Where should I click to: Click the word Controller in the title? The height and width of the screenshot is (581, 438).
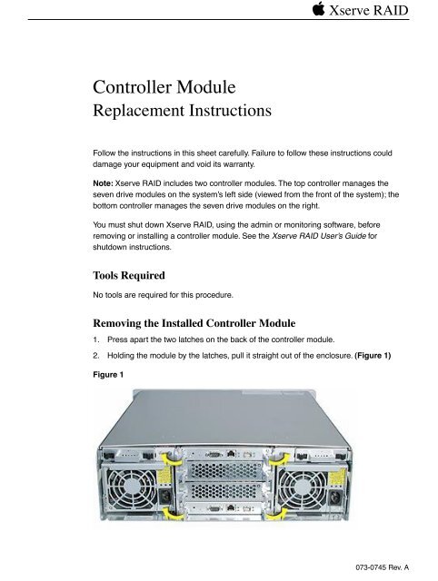coord(141,89)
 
